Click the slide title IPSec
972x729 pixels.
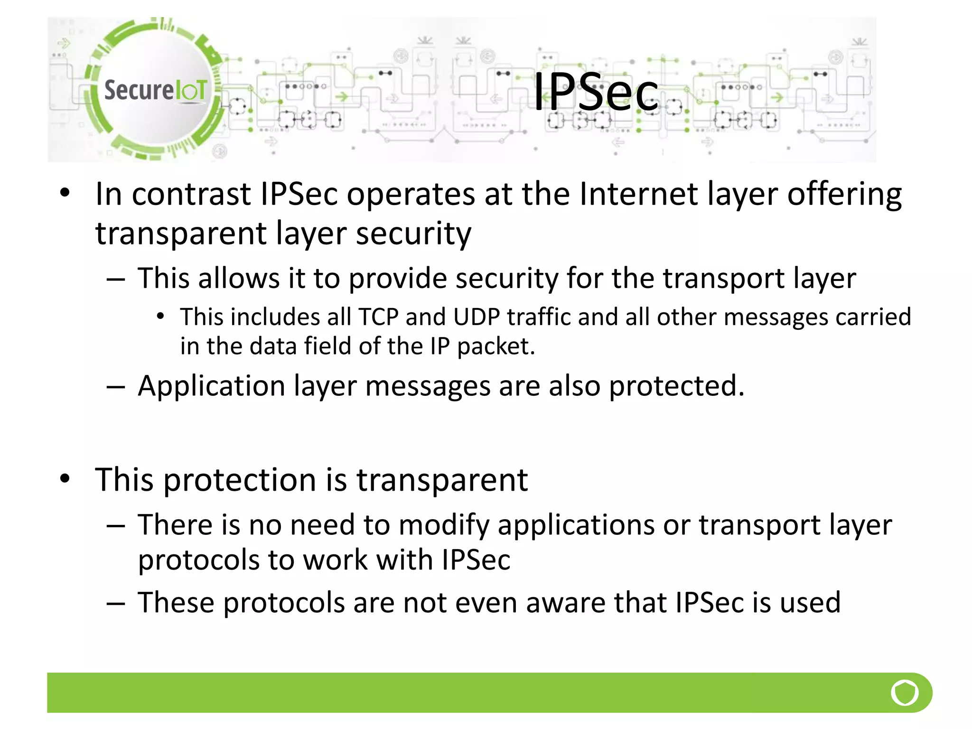pos(596,93)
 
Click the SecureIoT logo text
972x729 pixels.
pos(155,90)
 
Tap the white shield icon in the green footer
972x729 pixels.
pos(905,692)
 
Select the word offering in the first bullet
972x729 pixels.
pos(844,195)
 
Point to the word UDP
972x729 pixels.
pos(477,317)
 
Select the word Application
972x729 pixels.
pos(211,386)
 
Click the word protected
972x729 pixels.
pos(676,386)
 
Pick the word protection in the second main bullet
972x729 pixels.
pos(240,480)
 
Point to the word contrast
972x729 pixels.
pos(191,194)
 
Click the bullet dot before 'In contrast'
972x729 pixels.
pos(65,193)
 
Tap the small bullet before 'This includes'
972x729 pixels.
pos(160,316)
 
